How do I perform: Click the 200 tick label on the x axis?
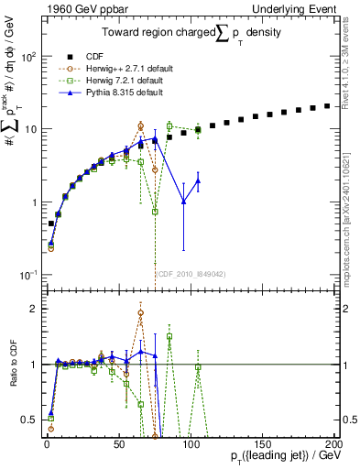tap(333, 444)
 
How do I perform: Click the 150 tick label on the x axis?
tap(262, 444)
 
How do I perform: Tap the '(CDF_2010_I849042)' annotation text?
tap(190, 273)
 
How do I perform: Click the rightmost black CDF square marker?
tap(327, 106)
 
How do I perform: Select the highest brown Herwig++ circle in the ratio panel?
tap(140, 312)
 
